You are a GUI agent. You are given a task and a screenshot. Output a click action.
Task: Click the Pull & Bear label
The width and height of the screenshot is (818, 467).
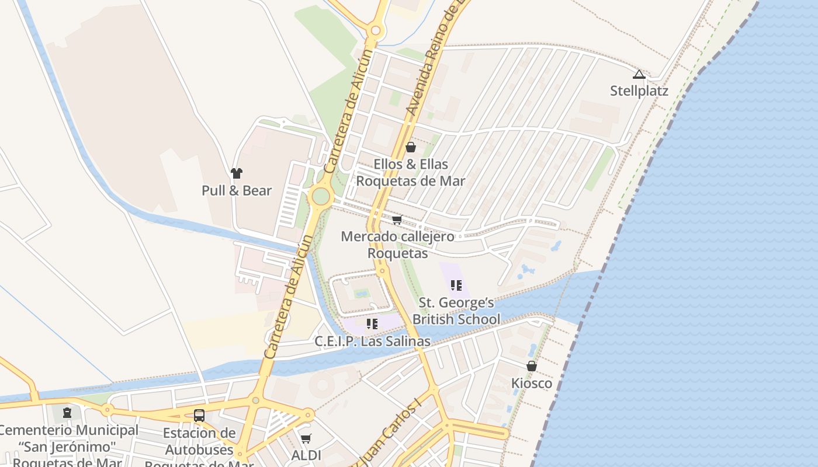(x=237, y=191)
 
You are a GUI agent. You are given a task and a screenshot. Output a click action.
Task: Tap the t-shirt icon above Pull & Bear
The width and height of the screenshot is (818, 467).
(x=237, y=173)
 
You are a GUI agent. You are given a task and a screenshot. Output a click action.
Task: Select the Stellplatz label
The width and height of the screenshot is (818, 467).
(x=639, y=91)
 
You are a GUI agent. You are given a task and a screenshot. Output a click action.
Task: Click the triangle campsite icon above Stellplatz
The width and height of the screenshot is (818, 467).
(x=639, y=74)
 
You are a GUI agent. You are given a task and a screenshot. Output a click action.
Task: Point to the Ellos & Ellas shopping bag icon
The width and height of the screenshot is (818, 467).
(x=411, y=147)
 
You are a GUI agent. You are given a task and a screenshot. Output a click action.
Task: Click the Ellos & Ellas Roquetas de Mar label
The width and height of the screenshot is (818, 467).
(x=411, y=173)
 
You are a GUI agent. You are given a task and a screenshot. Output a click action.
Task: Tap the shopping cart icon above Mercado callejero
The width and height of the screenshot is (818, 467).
(x=397, y=220)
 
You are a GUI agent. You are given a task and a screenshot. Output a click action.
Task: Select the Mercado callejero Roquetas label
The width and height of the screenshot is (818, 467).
(x=397, y=245)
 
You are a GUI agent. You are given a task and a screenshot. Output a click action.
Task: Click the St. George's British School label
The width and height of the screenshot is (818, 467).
(x=456, y=311)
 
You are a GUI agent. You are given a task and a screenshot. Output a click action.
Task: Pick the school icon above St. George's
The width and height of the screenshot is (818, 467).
(x=456, y=285)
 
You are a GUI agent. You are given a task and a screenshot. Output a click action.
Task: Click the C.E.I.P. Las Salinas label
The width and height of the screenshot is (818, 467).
(x=372, y=341)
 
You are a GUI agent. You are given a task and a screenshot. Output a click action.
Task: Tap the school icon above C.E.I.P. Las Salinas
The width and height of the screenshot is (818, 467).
(x=372, y=323)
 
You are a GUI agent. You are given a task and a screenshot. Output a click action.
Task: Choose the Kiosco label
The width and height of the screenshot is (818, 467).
(x=532, y=384)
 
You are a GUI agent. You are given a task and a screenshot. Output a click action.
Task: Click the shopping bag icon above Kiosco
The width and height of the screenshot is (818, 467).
(x=532, y=366)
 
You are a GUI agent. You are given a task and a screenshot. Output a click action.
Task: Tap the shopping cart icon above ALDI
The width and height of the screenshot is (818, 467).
(x=306, y=438)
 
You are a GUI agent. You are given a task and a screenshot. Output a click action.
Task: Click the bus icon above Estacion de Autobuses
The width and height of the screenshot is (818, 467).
(x=199, y=416)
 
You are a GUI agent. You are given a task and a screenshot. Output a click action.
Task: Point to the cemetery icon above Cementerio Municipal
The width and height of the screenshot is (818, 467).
(x=67, y=413)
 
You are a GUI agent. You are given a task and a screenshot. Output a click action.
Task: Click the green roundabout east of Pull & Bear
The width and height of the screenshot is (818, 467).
(x=320, y=196)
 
